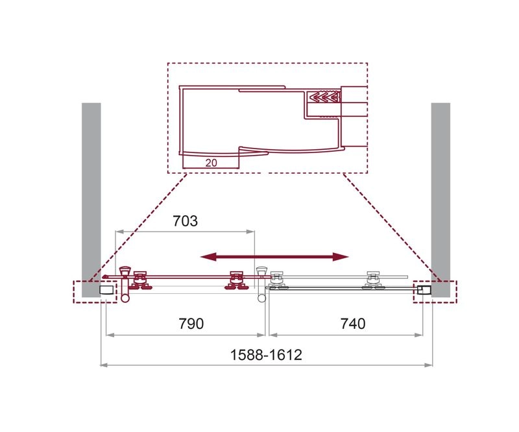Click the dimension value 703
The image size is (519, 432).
tap(185, 221)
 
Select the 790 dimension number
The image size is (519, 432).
tap(191, 324)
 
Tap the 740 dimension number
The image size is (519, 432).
tap(353, 324)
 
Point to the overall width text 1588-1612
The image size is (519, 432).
tap(266, 355)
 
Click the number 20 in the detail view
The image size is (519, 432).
tap(211, 163)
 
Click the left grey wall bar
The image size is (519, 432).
tap(91, 200)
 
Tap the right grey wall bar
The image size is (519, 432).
tap(441, 200)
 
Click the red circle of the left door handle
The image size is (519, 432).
tap(125, 298)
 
